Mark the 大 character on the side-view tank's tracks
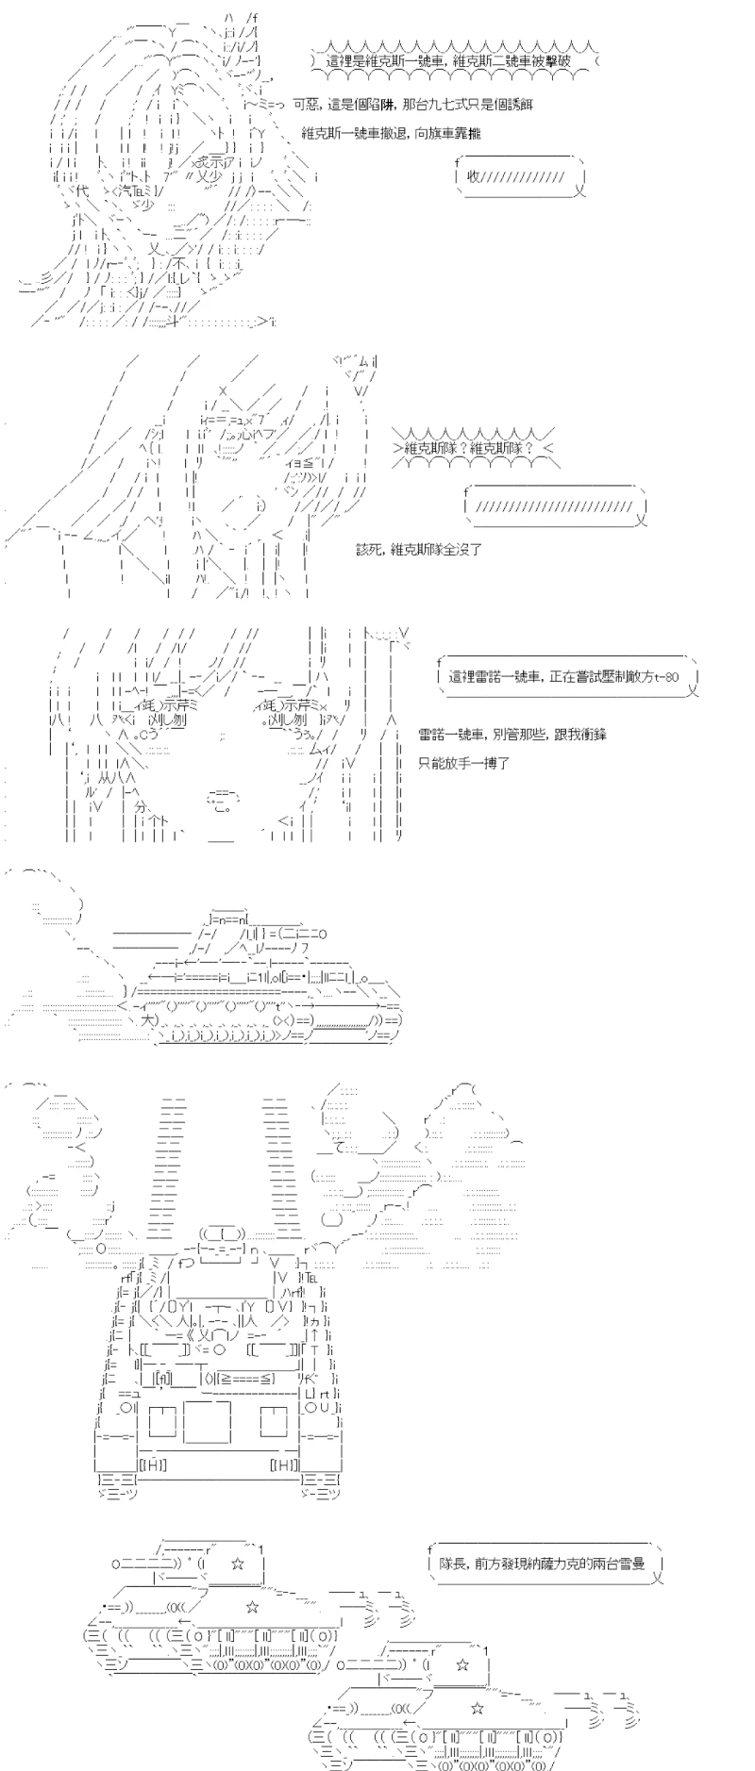pos(147,1020)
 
